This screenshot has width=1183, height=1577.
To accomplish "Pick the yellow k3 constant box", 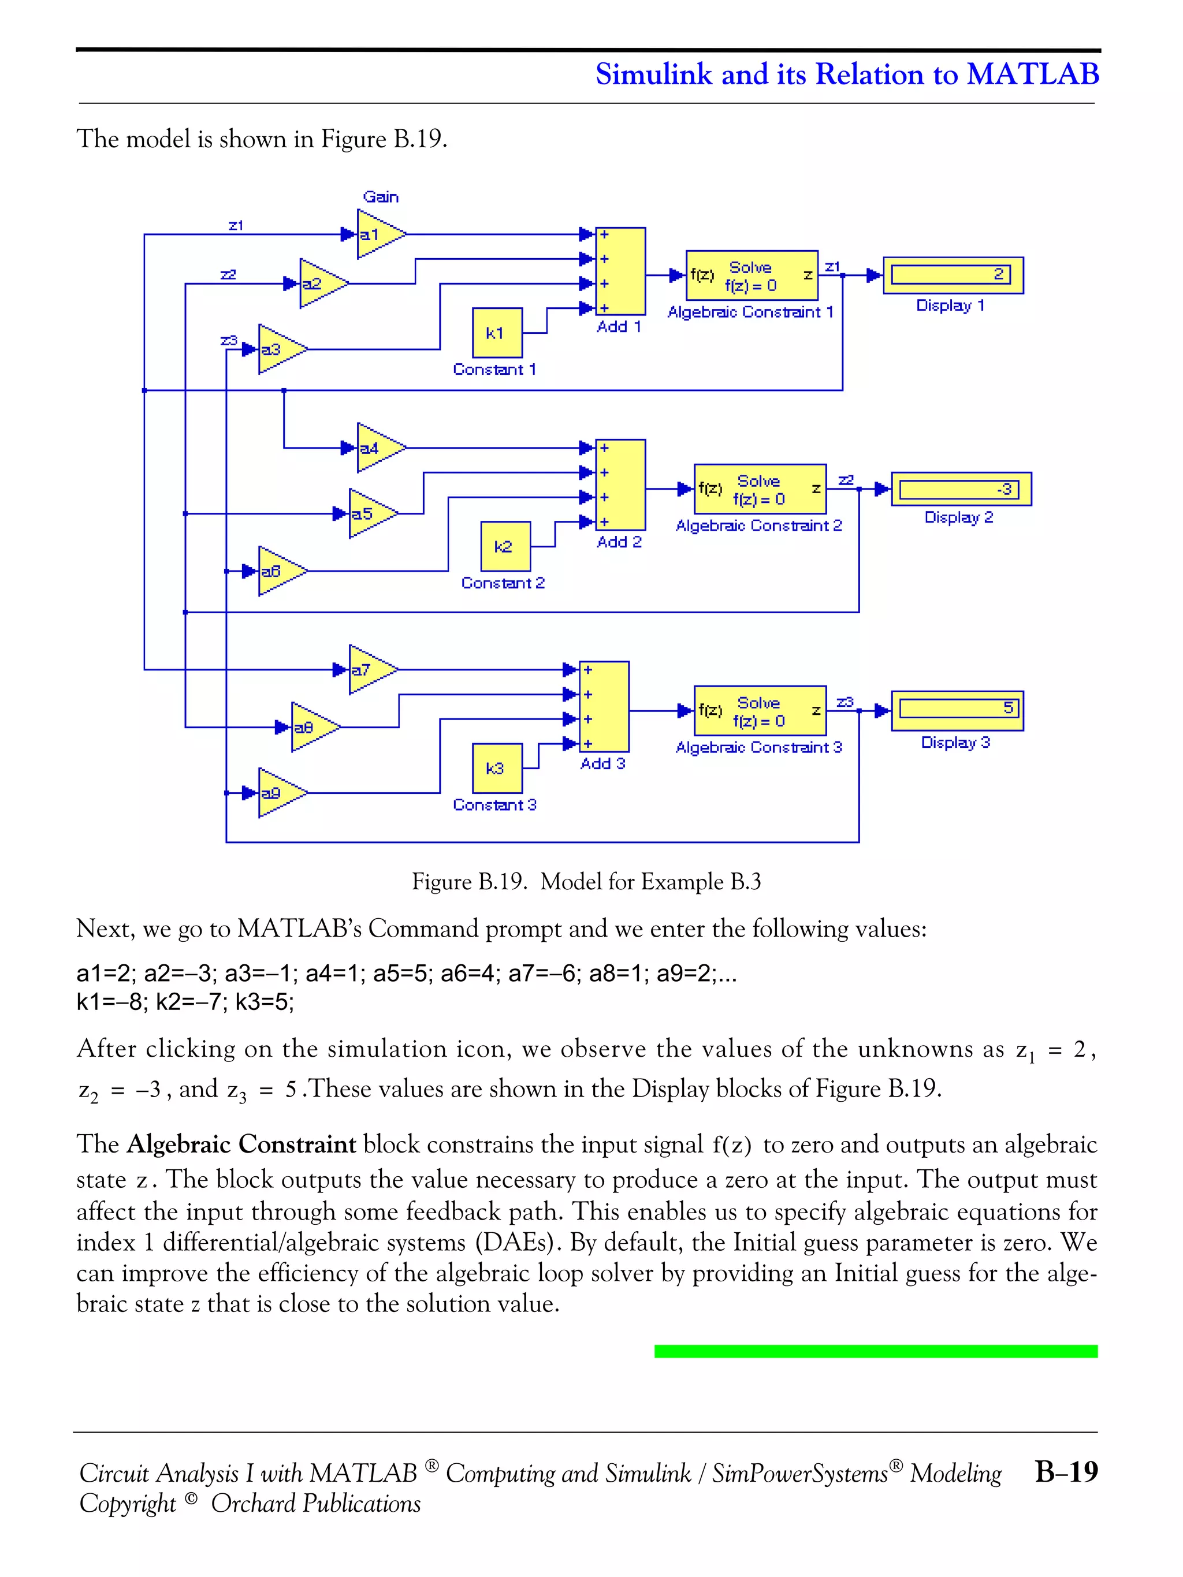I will pyautogui.click(x=497, y=769).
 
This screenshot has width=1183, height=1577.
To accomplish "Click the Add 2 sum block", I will pyautogui.click(x=620, y=485).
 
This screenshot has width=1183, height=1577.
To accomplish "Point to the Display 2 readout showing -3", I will pyautogui.click(x=961, y=489).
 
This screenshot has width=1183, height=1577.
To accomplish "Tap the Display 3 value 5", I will pyautogui.click(x=957, y=709).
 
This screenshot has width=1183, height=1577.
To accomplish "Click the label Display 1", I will pyautogui.click(x=950, y=306).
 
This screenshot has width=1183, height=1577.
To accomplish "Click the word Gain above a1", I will pyautogui.click(x=381, y=197).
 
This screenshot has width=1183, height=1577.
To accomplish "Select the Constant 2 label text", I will pyautogui.click(x=503, y=583).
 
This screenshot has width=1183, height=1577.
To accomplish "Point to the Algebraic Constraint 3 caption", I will pyautogui.click(x=758, y=748).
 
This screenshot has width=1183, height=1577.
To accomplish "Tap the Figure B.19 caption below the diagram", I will pyautogui.click(x=586, y=882).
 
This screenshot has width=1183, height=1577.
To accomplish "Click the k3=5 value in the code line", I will pyautogui.click(x=265, y=1002).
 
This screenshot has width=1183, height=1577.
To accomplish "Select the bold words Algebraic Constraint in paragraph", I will pyautogui.click(x=241, y=1144).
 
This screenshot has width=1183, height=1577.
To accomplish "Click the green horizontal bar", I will pyautogui.click(x=876, y=1351).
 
